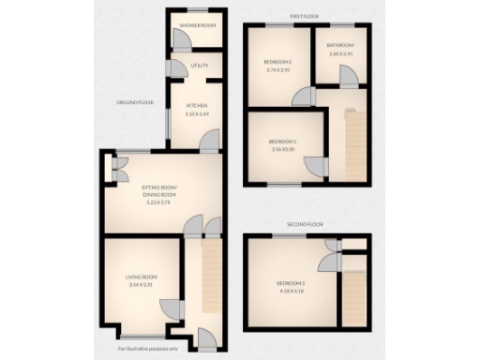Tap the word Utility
(199, 66)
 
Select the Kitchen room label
(196, 104)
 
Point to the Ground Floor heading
(135, 101)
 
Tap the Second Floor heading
(306, 225)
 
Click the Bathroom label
(340, 45)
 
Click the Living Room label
(142, 277)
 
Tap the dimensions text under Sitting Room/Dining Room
(158, 202)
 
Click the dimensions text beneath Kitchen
(196, 113)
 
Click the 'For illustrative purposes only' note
(147, 349)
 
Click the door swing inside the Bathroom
(349, 78)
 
